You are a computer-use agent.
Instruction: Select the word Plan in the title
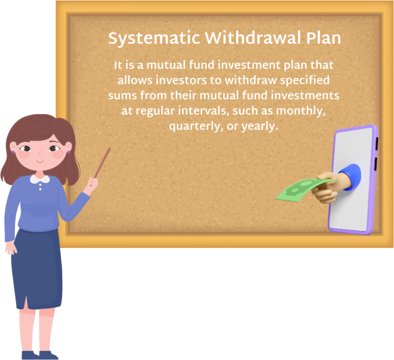[322, 39]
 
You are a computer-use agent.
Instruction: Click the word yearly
[260, 126]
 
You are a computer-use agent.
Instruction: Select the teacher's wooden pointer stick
[103, 162]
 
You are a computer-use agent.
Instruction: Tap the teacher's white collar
[40, 179]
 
